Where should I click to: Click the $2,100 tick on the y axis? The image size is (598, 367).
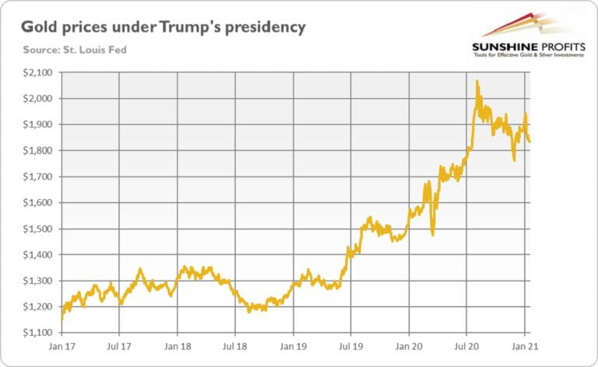pyautogui.click(x=37, y=72)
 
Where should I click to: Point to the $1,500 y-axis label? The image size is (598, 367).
pyautogui.click(x=37, y=229)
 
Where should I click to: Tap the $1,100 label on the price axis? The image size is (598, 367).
pyautogui.click(x=37, y=333)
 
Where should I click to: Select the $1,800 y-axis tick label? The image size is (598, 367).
pyautogui.click(x=37, y=150)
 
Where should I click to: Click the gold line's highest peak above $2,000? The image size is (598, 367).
pyautogui.click(x=477, y=82)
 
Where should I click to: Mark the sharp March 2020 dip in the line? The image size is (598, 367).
pyautogui.click(x=432, y=234)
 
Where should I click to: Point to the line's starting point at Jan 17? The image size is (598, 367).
pyautogui.click(x=62, y=317)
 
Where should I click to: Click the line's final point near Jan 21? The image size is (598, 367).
pyautogui.click(x=530, y=141)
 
